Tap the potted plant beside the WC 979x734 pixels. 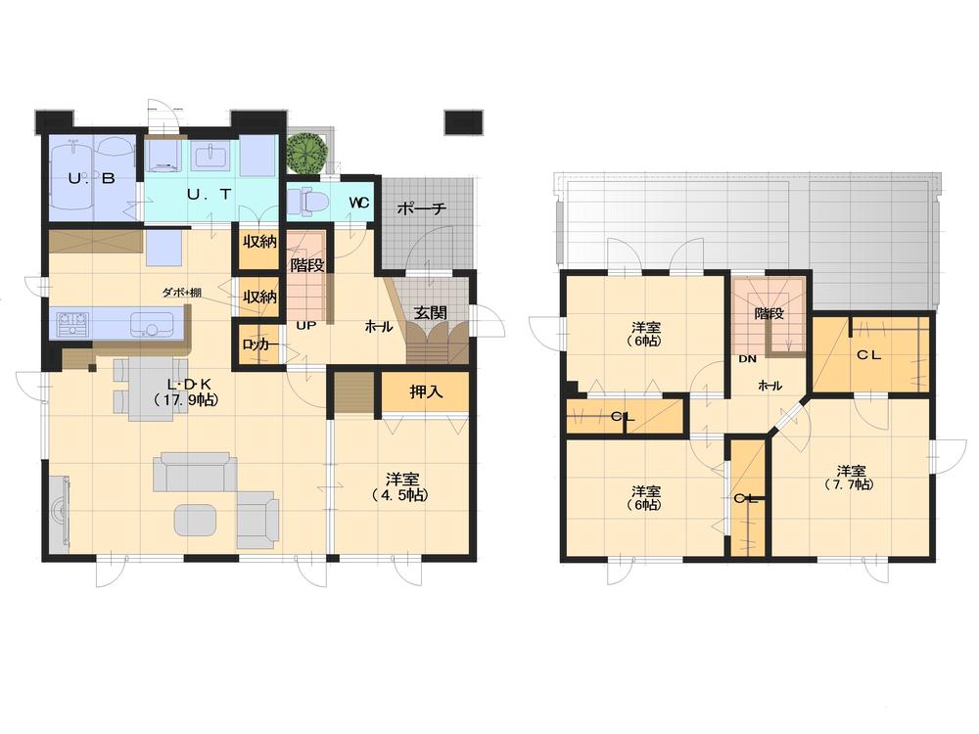point(306,153)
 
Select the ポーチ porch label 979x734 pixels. point(423,208)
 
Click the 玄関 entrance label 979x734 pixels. point(431,313)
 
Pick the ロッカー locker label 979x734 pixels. point(258,345)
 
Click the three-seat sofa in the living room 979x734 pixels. point(196,472)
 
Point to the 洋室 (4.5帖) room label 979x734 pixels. point(401,486)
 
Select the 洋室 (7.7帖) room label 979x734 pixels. point(850,477)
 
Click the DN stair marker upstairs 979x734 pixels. point(747,358)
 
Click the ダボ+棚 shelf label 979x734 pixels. point(182,293)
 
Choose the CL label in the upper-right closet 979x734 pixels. point(869,355)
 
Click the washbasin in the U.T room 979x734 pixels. point(210,157)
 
